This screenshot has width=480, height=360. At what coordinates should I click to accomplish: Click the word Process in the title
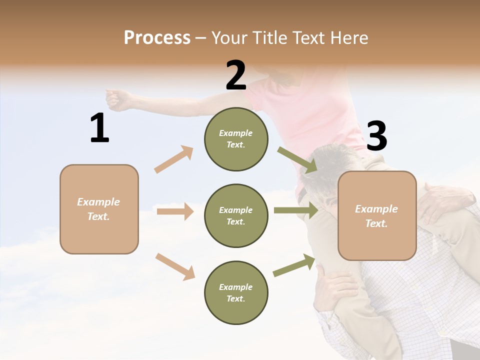[157, 37]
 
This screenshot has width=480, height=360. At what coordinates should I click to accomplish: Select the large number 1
[99, 128]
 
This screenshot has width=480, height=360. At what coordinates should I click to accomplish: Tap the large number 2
[236, 75]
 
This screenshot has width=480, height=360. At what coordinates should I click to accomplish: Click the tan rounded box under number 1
[99, 209]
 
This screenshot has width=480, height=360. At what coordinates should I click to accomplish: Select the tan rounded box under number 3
[377, 215]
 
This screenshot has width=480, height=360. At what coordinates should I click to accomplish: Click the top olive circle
[236, 139]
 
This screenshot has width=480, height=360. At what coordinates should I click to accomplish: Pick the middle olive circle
[236, 215]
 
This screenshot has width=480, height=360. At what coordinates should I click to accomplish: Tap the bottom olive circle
[236, 292]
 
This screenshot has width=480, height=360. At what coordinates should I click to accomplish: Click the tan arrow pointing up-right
[173, 159]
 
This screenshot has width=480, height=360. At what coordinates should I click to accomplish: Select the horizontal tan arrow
[174, 211]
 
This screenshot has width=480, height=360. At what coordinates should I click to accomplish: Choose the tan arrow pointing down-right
[175, 266]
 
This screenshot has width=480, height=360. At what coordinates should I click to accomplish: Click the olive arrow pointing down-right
[297, 160]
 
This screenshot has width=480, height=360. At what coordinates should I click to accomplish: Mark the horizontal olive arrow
[295, 210]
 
